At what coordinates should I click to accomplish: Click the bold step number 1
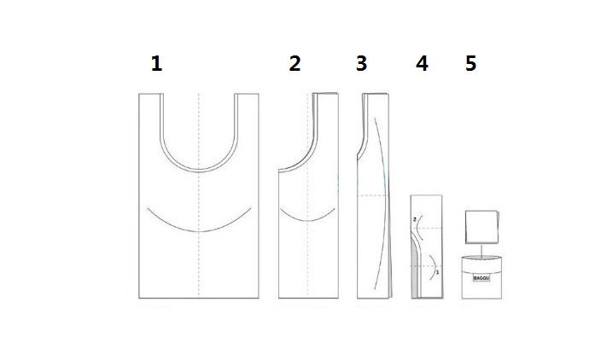(156, 64)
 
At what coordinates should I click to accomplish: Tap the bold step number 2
(295, 64)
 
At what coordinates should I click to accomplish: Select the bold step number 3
(362, 64)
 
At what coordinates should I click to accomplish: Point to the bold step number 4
(422, 64)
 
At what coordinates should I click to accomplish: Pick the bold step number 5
(470, 64)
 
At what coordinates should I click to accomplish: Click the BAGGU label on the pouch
(482, 278)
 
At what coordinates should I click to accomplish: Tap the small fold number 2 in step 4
(415, 219)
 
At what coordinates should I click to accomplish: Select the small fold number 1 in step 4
(437, 272)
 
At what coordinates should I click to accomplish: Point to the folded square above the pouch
(482, 227)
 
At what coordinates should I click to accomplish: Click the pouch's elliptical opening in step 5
(482, 258)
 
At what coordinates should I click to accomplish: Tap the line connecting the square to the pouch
(482, 249)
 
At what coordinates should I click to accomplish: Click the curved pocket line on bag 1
(199, 231)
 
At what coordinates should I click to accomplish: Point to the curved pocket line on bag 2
(307, 220)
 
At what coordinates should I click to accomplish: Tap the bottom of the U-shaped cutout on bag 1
(199, 171)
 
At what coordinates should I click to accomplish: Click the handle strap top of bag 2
(325, 94)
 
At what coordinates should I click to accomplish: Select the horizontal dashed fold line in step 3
(372, 195)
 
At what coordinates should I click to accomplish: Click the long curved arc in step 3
(386, 201)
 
